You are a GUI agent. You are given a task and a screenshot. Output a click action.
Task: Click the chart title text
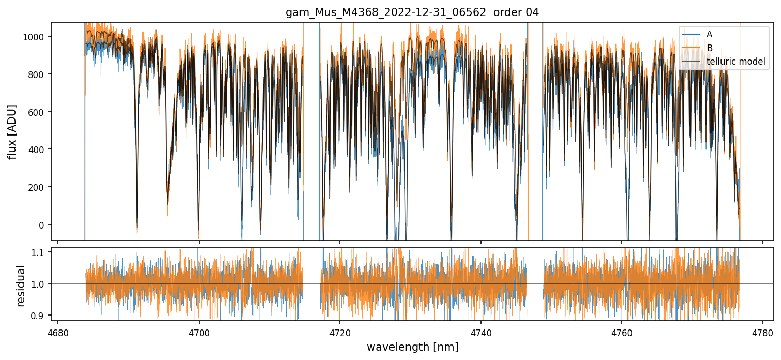point(412,12)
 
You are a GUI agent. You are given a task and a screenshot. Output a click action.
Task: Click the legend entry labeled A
point(709,34)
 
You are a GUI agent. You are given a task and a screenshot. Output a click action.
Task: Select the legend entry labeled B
point(710,48)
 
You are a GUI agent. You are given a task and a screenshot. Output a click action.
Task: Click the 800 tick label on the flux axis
point(38,74)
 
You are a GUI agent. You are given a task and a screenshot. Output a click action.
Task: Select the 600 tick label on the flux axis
point(38,112)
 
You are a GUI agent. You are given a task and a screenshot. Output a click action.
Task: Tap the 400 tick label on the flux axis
point(38,149)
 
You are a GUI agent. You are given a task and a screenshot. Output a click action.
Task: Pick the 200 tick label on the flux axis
point(38,187)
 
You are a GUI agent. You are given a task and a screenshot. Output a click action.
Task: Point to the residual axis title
point(21,286)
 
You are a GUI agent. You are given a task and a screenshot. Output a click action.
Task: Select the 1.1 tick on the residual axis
point(40,252)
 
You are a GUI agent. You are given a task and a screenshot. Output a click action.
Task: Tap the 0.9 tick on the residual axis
point(40,316)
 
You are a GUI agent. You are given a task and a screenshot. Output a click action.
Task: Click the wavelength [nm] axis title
point(412,347)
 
